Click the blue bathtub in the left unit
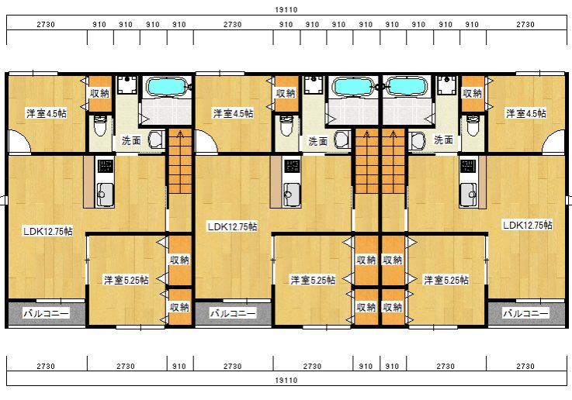point(166,87)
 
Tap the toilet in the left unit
point(99,126)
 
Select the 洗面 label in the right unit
point(444,140)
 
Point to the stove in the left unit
point(105,166)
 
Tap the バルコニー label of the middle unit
point(233,313)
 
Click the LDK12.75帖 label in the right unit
point(527,225)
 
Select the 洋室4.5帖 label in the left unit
point(47,113)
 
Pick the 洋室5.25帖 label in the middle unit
point(313,280)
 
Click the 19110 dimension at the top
point(286,10)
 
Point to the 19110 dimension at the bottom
point(286,381)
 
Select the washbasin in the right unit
point(416,140)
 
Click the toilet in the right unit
point(473,126)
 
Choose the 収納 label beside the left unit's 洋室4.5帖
point(99,93)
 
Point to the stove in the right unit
point(467,166)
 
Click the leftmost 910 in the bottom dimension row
point(179,366)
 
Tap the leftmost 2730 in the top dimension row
point(46,24)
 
